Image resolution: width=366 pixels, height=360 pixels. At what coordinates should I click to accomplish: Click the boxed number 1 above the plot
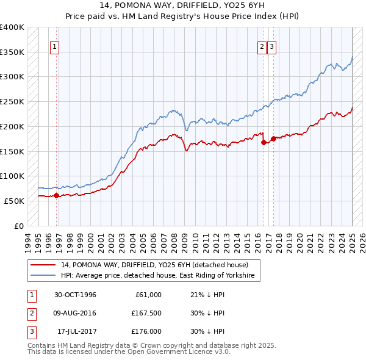pyautogui.click(x=54, y=46)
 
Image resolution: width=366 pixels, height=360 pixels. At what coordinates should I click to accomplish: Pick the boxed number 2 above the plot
pyautogui.click(x=262, y=46)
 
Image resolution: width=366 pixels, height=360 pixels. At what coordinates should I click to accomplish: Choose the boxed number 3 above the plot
pyautogui.click(x=271, y=46)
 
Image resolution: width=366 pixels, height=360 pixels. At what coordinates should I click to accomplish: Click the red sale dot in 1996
pyautogui.click(x=56, y=196)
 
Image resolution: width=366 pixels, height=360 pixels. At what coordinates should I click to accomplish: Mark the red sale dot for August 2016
pyautogui.click(x=264, y=142)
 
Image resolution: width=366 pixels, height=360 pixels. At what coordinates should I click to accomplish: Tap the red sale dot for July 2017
pyautogui.click(x=273, y=138)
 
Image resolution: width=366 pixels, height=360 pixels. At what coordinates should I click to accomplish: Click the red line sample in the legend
pyautogui.click(x=44, y=265)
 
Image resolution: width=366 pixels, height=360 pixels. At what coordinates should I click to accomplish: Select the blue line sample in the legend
pyautogui.click(x=44, y=276)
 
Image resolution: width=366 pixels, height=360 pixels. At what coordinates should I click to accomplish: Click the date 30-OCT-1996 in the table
pyautogui.click(x=75, y=295)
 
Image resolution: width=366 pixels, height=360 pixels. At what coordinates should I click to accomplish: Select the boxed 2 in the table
pyautogui.click(x=30, y=313)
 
